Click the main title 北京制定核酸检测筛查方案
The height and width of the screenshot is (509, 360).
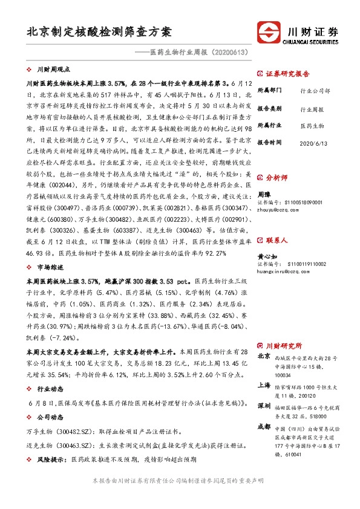[x=99, y=31]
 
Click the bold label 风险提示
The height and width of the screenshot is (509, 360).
[x=52, y=459]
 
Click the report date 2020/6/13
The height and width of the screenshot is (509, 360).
[x=315, y=143]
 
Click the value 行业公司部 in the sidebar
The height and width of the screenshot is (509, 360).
[x=315, y=91]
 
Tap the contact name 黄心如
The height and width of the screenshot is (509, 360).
[x=267, y=256]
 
